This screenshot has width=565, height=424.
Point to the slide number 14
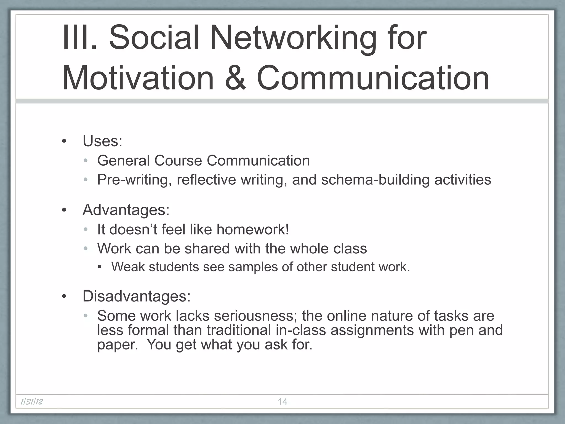282,402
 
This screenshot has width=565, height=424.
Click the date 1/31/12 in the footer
32,402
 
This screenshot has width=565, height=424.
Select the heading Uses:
102,141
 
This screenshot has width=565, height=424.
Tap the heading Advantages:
126,210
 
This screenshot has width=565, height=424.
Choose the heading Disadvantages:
137,296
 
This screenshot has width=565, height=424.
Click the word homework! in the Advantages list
253,229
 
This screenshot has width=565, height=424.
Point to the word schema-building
375,180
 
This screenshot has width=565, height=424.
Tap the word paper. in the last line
118,344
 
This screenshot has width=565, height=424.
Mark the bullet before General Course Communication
86,161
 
